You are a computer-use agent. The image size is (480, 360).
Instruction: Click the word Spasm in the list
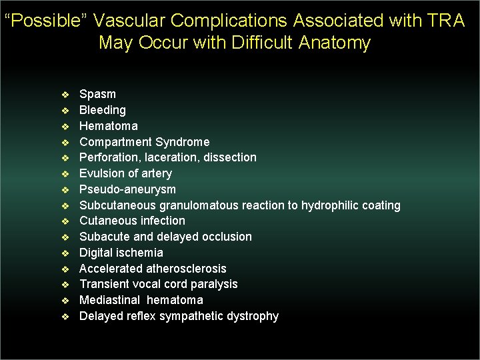coord(97,94)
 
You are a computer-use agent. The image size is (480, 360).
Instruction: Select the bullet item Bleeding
coord(102,110)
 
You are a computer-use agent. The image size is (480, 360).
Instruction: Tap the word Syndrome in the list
coord(182,142)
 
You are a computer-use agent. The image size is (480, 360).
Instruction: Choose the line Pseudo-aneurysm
coord(127,189)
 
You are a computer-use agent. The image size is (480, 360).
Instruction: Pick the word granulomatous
coord(199,205)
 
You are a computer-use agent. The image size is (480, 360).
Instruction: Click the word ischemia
coord(139,253)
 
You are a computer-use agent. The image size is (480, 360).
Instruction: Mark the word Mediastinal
coord(109,300)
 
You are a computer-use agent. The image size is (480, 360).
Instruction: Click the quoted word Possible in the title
coord(45,21)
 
